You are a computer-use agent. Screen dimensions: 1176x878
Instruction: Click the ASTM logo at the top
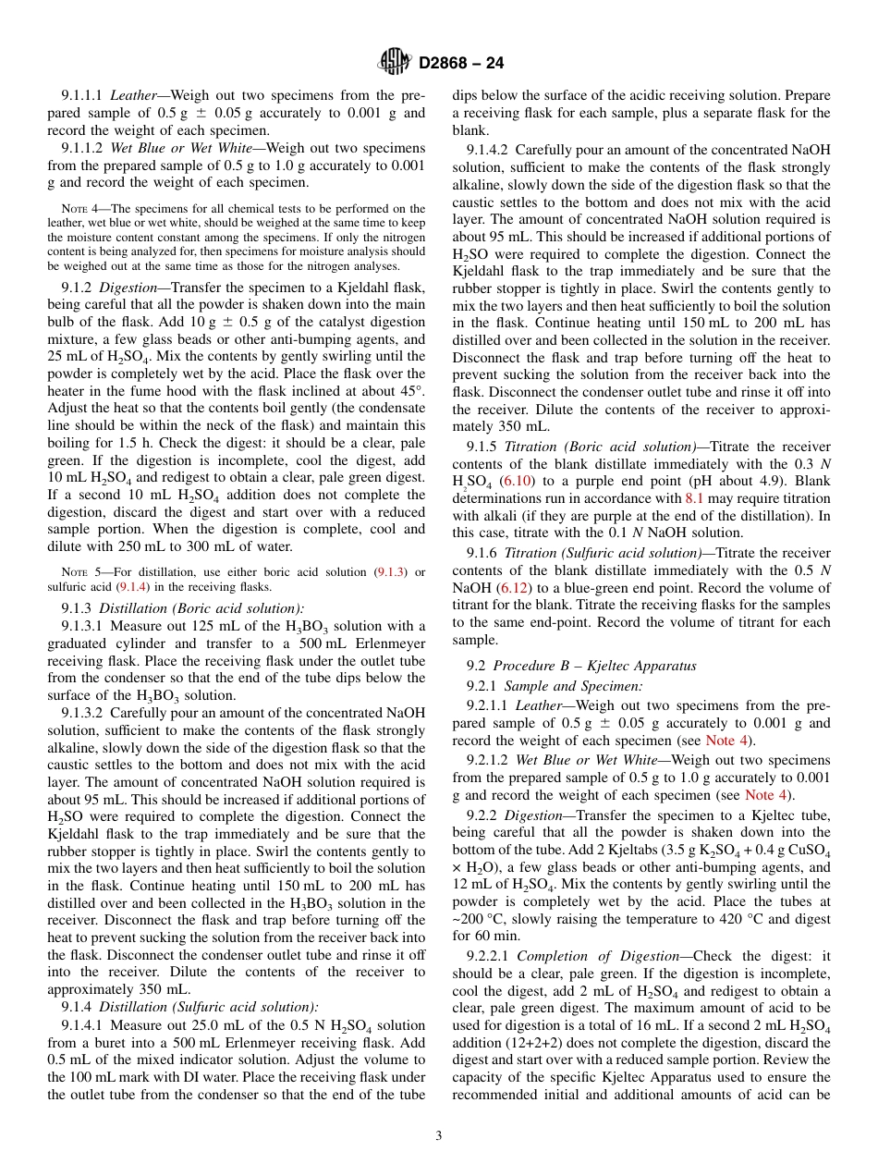pos(396,63)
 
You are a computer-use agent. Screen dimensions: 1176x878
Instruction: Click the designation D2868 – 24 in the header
pos(461,64)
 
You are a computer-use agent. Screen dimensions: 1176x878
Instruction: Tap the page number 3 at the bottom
pos(439,1135)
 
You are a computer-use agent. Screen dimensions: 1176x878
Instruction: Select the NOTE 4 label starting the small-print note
pos(74,209)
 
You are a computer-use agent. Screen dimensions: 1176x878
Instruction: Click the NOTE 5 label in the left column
pos(74,573)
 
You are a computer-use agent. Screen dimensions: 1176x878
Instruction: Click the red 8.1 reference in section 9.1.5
pos(694,498)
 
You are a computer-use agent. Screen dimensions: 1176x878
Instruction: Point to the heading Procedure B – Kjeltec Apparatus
pos(594,667)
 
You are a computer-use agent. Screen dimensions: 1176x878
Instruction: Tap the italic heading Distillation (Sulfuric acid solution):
pos(209,1008)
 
